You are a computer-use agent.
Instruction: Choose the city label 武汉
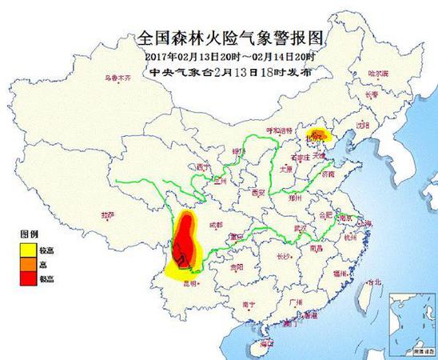[301, 228]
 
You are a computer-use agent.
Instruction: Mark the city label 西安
[257, 193]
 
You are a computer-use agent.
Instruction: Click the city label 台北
[370, 281]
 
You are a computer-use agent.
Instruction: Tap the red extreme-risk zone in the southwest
[184, 240]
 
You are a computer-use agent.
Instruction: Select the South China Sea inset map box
[409, 325]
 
